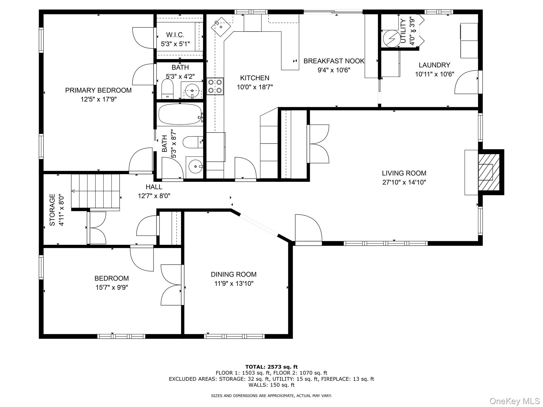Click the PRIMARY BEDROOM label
click(x=98, y=90)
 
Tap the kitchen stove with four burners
click(x=215, y=86)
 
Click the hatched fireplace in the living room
click(x=489, y=172)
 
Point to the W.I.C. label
click(x=175, y=35)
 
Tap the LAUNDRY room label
click(x=435, y=65)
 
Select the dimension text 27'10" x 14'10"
click(x=404, y=182)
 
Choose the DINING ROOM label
click(x=234, y=274)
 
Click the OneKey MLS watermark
click(x=515, y=401)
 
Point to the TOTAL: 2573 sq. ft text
click(x=271, y=367)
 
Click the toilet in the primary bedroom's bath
click(x=167, y=89)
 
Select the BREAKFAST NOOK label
click(x=334, y=61)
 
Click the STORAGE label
click(x=52, y=210)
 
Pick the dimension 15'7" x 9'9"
click(x=112, y=287)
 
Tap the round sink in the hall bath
click(x=195, y=166)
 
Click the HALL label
click(x=154, y=187)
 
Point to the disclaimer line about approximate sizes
click(x=271, y=396)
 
